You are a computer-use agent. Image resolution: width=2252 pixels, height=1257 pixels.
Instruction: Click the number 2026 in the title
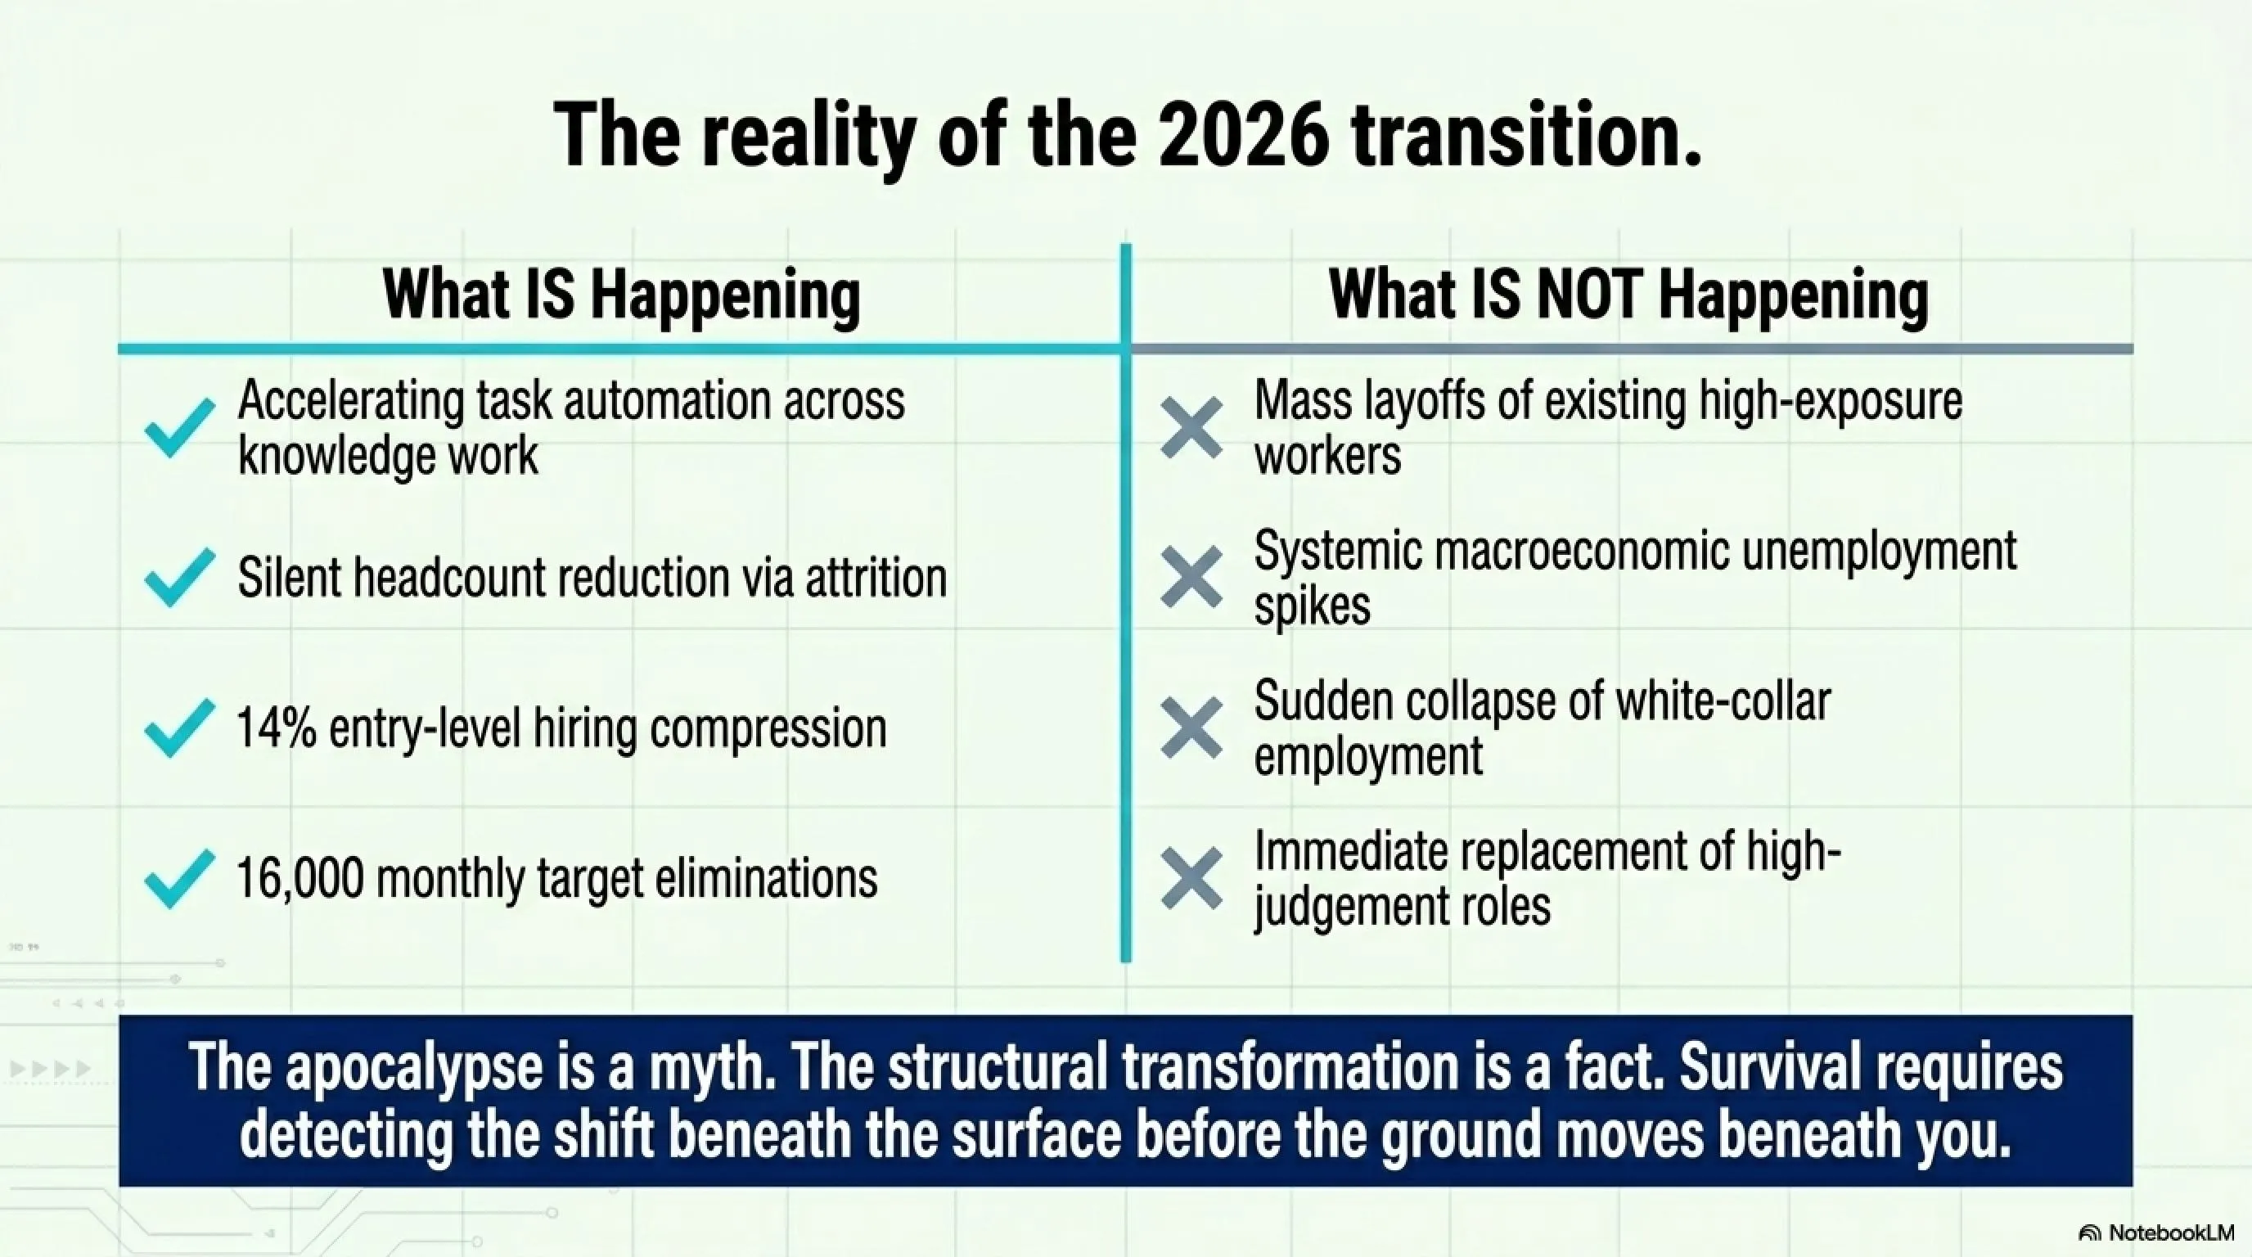(x=1244, y=137)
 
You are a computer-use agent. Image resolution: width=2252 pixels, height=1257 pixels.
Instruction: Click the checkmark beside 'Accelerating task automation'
(x=179, y=427)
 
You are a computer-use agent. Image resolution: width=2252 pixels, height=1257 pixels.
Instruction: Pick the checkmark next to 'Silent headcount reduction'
(x=179, y=577)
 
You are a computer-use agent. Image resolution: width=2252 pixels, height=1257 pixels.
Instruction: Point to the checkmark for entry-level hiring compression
(x=179, y=728)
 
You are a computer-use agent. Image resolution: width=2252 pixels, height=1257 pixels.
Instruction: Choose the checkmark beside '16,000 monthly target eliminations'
(x=179, y=878)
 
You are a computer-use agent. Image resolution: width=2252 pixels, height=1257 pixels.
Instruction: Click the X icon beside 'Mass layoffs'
(x=1191, y=427)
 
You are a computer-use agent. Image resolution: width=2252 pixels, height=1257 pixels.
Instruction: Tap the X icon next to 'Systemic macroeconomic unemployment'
(x=1191, y=577)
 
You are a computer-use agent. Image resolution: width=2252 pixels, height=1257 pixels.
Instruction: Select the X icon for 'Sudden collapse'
(x=1191, y=728)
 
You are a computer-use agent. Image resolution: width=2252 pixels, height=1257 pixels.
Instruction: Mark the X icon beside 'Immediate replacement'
(x=1191, y=878)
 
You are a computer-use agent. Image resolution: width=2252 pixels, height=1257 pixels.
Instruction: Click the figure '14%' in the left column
(x=277, y=728)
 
